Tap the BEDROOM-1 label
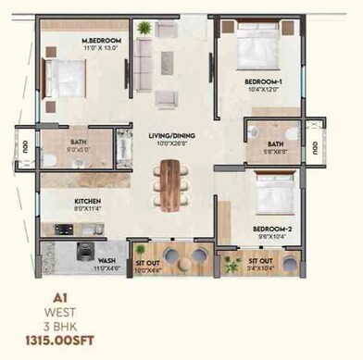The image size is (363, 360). (245, 83)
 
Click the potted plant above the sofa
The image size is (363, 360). (144, 29)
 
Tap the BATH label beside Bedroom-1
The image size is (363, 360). (275, 144)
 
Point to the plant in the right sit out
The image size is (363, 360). (232, 266)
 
